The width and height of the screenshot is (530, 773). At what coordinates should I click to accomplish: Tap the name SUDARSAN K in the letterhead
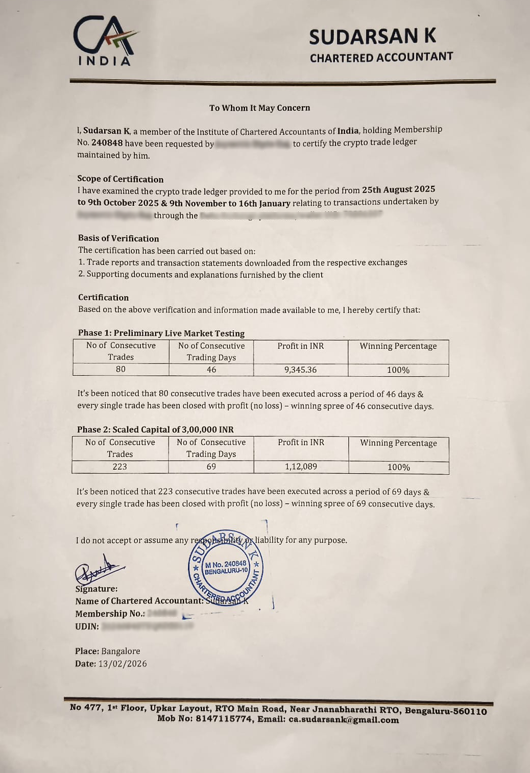(x=372, y=37)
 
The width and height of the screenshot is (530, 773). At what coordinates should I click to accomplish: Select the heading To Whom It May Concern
(x=259, y=108)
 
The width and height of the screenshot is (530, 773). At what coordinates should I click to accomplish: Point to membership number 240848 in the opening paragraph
(x=107, y=143)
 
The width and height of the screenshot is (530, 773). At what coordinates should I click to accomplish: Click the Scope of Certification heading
(x=121, y=179)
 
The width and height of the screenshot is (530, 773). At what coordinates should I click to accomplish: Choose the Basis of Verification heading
(x=118, y=238)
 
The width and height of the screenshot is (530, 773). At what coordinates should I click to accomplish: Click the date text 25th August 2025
(x=398, y=189)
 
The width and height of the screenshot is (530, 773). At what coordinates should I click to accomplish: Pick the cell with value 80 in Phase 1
(x=121, y=369)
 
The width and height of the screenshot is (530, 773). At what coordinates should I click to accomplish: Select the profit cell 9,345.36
(x=300, y=370)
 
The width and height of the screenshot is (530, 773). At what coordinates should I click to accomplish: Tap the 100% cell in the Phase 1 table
(x=398, y=370)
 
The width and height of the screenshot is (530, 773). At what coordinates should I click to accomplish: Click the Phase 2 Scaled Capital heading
(x=155, y=429)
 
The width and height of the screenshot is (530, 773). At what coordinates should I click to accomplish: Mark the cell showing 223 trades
(x=119, y=467)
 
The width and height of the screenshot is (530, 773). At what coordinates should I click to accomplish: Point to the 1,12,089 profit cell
(x=301, y=467)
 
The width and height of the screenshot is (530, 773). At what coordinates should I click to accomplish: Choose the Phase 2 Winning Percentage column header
(x=398, y=443)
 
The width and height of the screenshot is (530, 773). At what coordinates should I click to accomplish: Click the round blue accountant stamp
(x=226, y=568)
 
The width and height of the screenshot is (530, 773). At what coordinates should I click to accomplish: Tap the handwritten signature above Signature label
(x=99, y=570)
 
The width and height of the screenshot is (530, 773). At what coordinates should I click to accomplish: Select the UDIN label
(x=87, y=626)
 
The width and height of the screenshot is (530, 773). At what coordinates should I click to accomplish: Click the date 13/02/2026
(x=123, y=664)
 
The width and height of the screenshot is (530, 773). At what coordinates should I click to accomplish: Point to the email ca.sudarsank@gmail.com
(x=344, y=720)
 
